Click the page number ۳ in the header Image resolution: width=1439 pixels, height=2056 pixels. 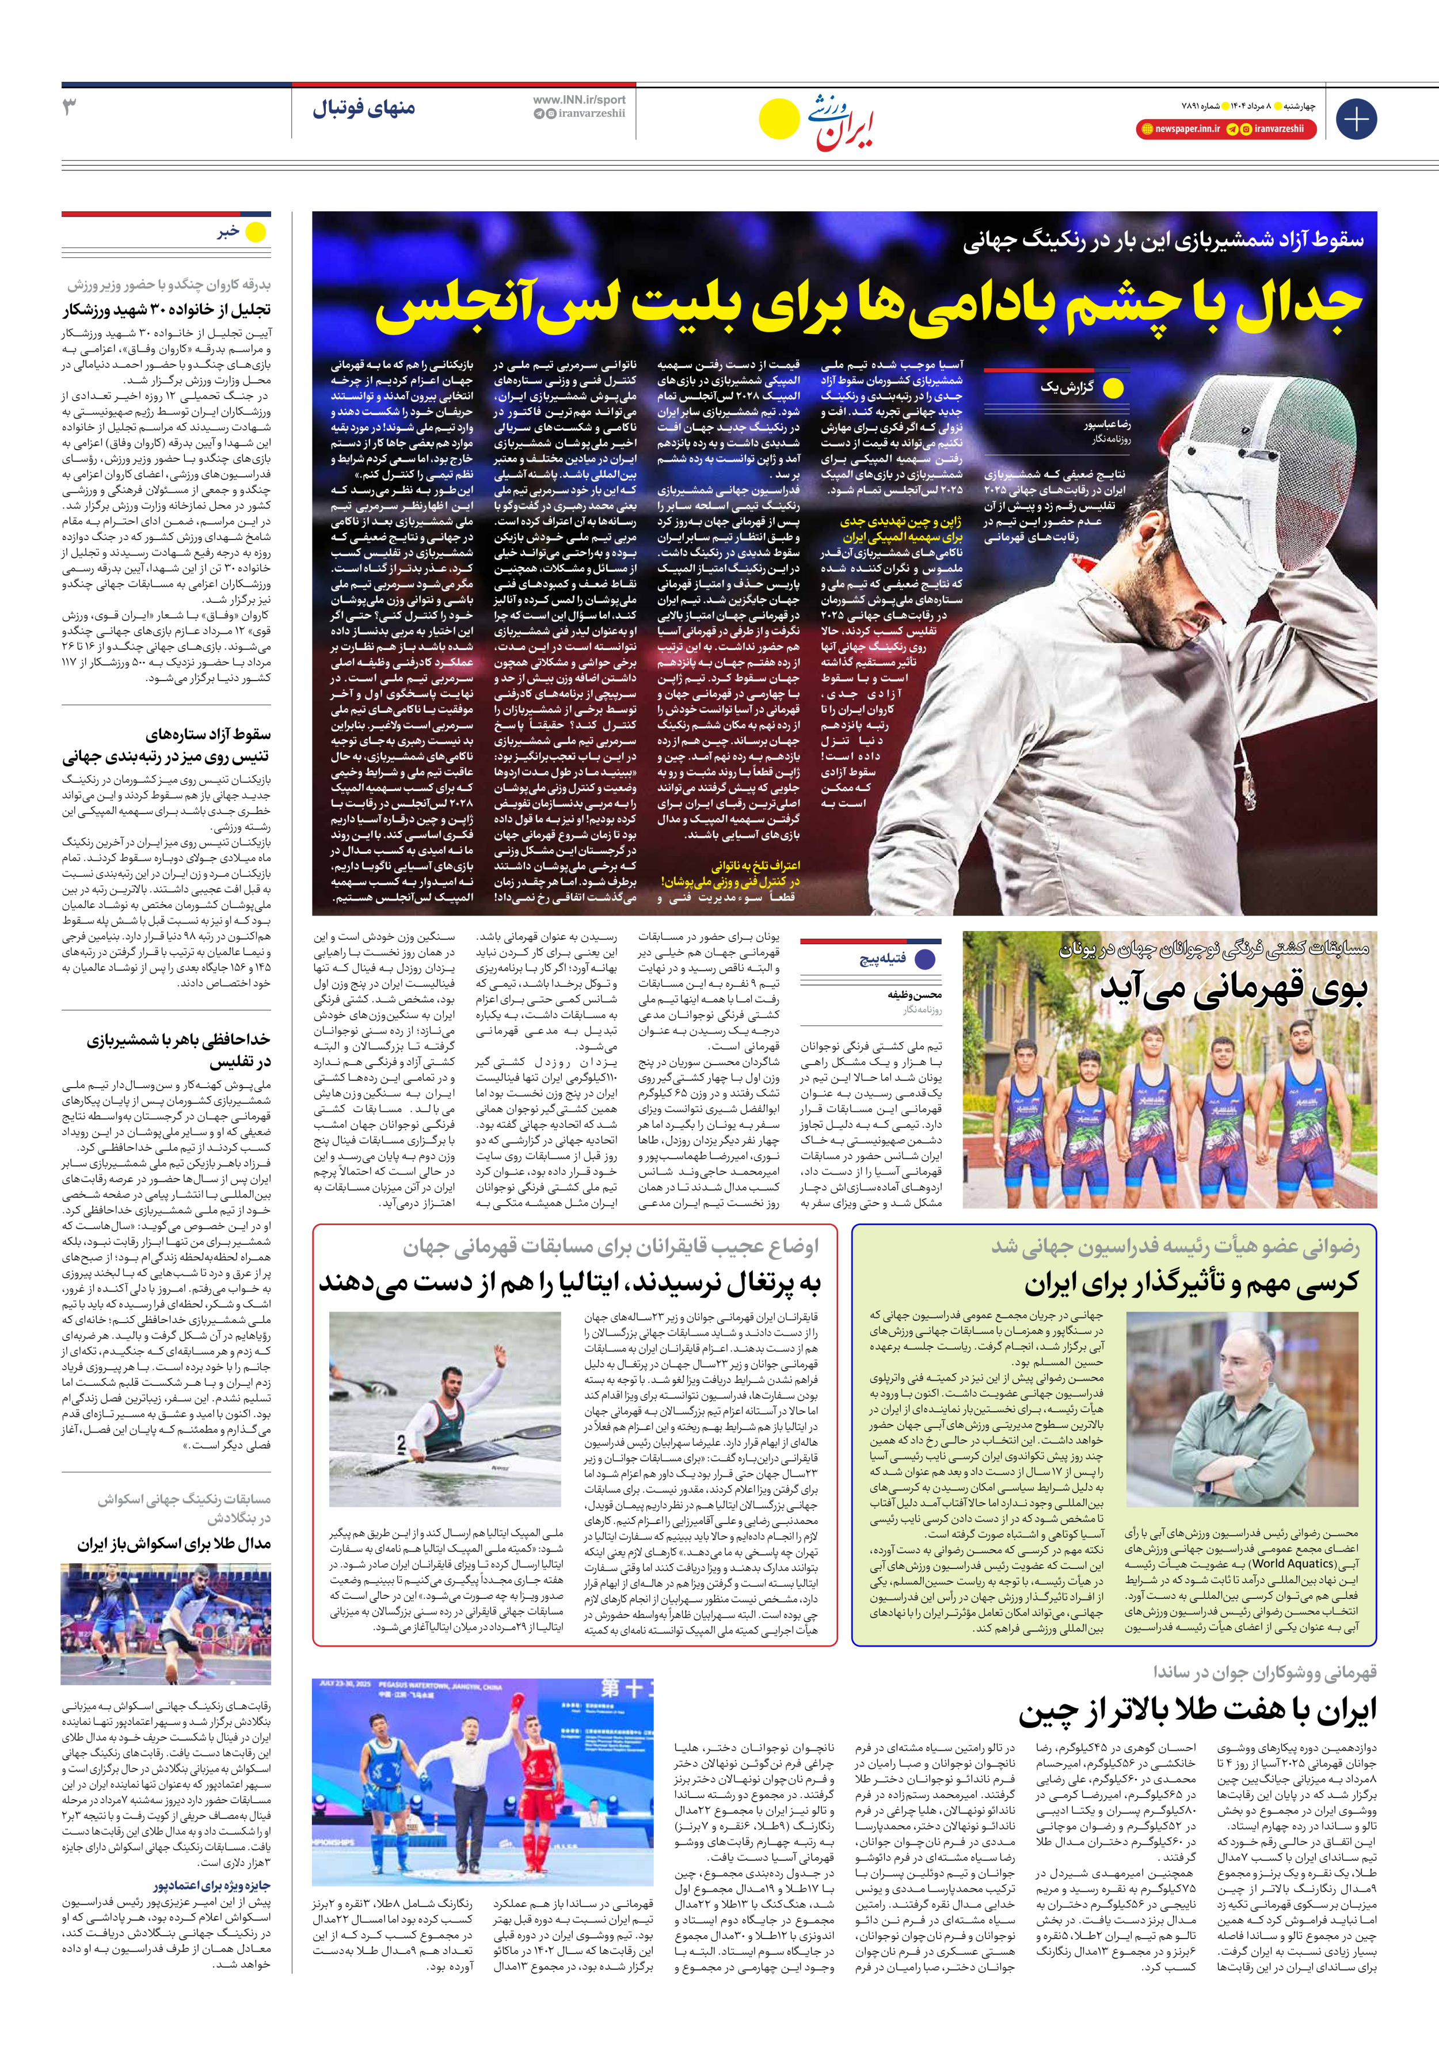click(x=70, y=108)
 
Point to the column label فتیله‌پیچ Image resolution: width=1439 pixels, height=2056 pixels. click(x=883, y=959)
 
